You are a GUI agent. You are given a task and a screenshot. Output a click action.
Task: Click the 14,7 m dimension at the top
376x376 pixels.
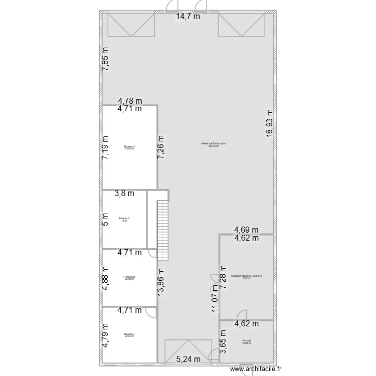(187, 17)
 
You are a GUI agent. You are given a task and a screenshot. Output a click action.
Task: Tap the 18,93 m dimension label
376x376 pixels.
(270, 123)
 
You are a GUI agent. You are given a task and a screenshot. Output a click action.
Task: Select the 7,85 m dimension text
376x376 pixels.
(106, 59)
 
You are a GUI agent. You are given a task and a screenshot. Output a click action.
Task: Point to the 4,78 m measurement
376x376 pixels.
(130, 100)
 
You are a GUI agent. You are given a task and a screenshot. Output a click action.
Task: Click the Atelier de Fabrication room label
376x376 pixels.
(214, 144)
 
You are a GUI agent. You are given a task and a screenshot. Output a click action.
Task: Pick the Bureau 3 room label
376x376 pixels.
(130, 147)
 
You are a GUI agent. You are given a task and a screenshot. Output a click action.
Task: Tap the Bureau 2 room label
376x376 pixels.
(124, 219)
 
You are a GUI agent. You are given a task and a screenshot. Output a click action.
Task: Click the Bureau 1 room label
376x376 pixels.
(130, 334)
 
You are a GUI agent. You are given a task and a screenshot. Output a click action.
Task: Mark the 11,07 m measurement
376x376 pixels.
(215, 298)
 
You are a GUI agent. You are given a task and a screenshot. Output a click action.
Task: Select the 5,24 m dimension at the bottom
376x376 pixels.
(188, 359)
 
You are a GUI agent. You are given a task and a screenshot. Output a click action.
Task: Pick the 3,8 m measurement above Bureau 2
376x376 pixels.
(124, 193)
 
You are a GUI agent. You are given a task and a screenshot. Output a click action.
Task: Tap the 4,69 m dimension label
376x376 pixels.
(247, 230)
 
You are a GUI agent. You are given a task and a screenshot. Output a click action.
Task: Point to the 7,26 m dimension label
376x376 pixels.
(161, 147)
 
